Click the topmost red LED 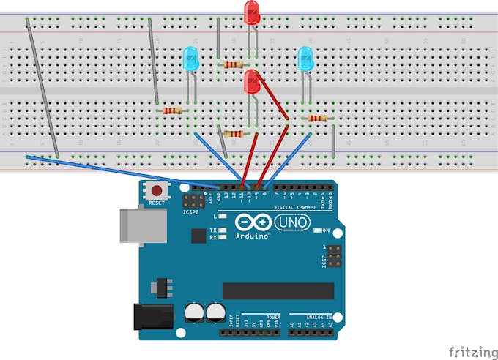[x=252, y=12]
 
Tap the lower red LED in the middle [x=253, y=82]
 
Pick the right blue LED [x=305, y=59]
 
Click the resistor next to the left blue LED [x=172, y=111]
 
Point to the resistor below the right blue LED [x=317, y=119]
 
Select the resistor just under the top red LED [x=234, y=65]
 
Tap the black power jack [x=152, y=316]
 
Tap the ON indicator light [x=316, y=231]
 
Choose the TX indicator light [x=223, y=230]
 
